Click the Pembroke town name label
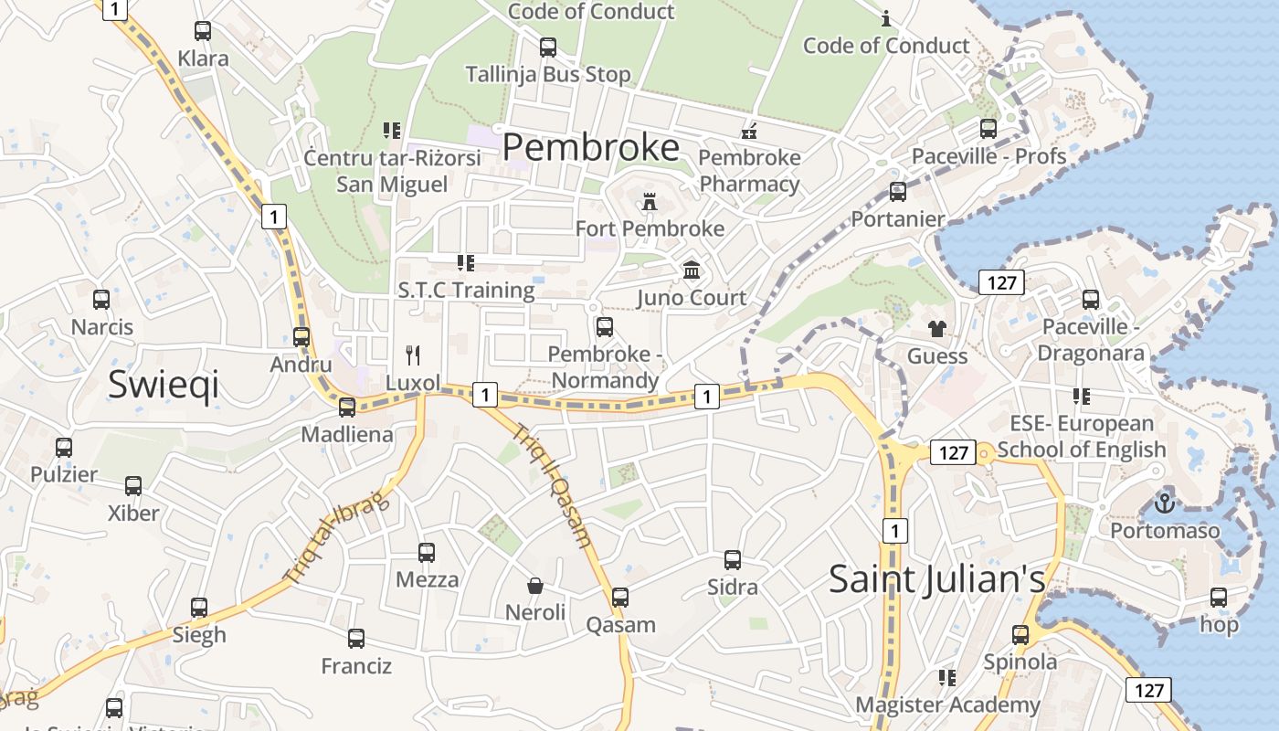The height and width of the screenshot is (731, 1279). (591, 147)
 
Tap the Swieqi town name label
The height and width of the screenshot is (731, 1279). (164, 385)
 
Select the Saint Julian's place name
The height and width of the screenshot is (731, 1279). (936, 579)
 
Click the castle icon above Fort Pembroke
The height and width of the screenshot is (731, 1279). (650, 201)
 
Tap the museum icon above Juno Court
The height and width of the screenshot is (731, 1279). (692, 270)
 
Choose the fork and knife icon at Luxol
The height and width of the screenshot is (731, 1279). (413, 355)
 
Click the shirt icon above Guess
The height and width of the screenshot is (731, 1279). (937, 329)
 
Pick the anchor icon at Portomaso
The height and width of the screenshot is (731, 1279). (1164, 503)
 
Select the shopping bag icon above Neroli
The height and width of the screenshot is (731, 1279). (535, 585)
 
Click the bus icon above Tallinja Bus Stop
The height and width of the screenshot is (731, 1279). (548, 47)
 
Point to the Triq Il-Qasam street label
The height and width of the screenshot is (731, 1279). (552, 485)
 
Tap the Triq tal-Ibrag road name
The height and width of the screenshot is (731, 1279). (337, 535)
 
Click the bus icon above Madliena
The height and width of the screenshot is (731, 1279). (347, 407)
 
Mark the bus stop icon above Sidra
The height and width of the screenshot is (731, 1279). (733, 559)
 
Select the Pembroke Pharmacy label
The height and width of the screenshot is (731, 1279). (749, 171)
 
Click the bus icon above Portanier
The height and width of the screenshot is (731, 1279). (898, 192)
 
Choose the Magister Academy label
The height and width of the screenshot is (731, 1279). (947, 705)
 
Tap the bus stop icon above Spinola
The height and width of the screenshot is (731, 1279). (1020, 634)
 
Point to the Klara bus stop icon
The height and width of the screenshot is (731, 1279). (203, 31)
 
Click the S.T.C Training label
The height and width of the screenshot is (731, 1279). (466, 291)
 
